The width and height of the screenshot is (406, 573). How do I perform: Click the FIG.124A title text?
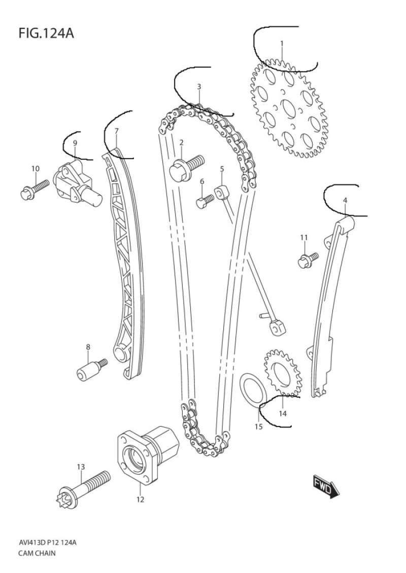tap(46, 33)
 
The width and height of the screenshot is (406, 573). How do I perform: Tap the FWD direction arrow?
tap(326, 486)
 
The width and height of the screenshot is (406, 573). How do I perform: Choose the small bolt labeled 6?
tap(205, 201)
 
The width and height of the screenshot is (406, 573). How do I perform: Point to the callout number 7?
tap(116, 131)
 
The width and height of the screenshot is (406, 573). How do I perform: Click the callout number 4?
tap(345, 200)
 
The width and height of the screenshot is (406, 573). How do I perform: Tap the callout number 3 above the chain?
tap(199, 87)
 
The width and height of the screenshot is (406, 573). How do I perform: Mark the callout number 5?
tap(222, 169)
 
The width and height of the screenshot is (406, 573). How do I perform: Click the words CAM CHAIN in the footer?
tap(37, 553)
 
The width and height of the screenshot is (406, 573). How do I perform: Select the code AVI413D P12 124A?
tap(47, 542)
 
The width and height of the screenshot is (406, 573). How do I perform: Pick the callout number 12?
tap(141, 499)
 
